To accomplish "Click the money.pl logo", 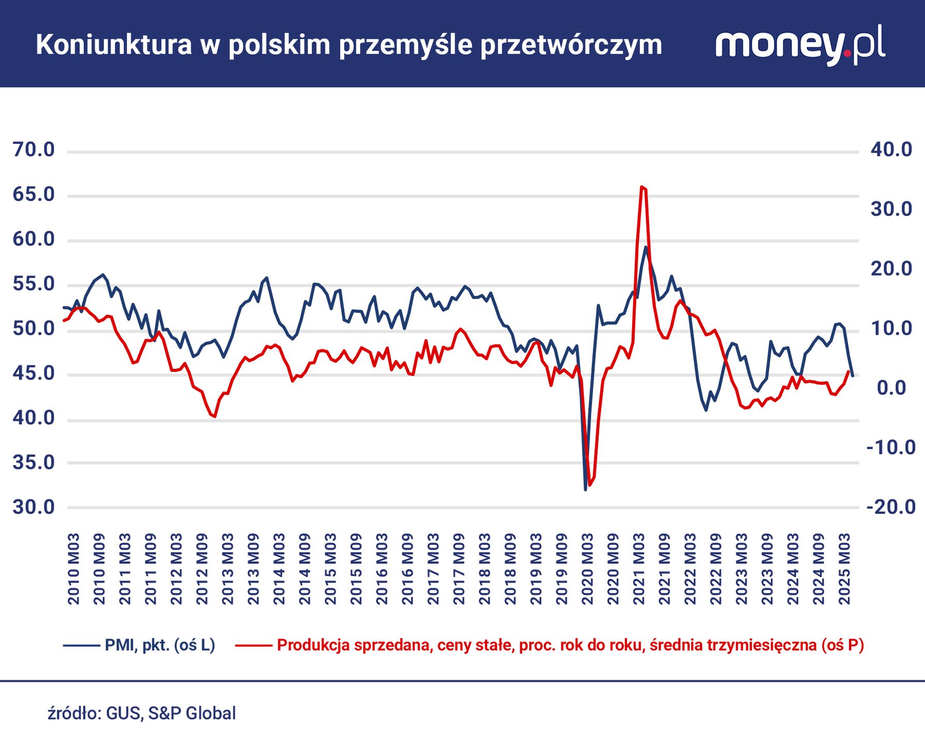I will click(800, 46).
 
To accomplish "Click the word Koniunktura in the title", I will click(114, 45).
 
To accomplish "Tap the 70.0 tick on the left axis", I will click(34, 150).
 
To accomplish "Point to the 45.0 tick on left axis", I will click(34, 373).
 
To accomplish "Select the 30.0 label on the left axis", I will click(34, 508).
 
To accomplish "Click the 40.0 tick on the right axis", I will click(891, 150).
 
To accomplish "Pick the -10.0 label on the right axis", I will click(891, 448).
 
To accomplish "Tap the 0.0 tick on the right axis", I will click(891, 388).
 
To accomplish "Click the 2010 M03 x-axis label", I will click(74, 569).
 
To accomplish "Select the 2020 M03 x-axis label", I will click(588, 569).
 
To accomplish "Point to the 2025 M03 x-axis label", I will click(844, 569).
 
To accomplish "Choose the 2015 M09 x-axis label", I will click(356, 569).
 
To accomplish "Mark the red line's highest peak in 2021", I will click(641, 187).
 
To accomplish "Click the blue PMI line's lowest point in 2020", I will click(585, 489).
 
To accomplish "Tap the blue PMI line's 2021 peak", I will click(646, 247).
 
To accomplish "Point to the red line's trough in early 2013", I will click(214, 416).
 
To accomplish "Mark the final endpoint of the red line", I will click(848, 371).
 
